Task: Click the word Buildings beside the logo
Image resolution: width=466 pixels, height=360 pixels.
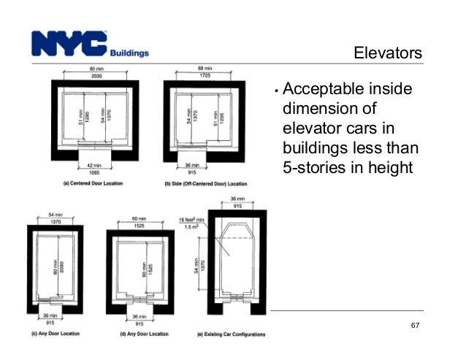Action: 129,53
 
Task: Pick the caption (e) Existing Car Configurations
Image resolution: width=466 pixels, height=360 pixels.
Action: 226,334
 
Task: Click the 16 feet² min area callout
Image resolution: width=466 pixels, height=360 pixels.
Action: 190,218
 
